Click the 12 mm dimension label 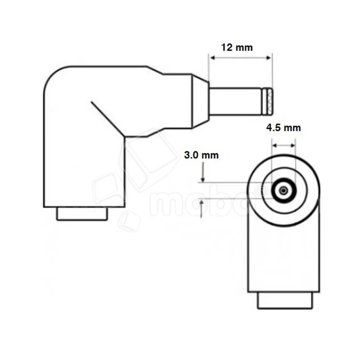237,47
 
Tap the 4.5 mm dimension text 283,128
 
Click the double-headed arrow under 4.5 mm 283,146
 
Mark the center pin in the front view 283,191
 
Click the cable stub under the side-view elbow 82,213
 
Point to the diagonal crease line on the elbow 107,118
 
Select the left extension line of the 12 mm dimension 208,67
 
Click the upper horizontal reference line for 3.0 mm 234,183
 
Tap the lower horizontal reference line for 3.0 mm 234,198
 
